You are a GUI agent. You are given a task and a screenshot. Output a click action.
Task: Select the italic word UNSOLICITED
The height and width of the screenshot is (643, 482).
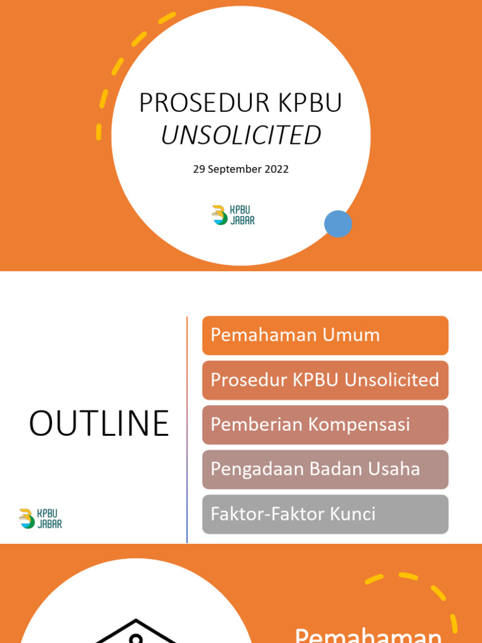click(241, 135)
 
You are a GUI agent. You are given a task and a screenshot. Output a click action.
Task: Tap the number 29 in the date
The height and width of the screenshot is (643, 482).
click(199, 169)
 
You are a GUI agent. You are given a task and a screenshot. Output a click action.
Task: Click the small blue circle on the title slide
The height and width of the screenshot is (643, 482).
click(338, 224)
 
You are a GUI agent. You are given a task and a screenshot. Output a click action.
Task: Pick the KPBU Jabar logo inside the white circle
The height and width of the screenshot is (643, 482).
click(233, 215)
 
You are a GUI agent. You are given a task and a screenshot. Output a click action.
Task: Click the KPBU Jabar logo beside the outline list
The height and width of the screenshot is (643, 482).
click(41, 519)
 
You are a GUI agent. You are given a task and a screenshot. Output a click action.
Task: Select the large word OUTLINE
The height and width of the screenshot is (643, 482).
click(99, 424)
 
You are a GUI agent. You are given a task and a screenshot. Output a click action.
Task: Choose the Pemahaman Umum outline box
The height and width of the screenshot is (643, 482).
click(325, 335)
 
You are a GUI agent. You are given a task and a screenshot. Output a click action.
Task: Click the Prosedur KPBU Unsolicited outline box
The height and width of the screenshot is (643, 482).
click(325, 380)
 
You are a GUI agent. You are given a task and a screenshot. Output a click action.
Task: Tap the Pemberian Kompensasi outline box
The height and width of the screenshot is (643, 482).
click(325, 424)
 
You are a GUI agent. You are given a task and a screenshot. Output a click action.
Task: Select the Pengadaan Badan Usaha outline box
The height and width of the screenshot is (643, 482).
click(325, 469)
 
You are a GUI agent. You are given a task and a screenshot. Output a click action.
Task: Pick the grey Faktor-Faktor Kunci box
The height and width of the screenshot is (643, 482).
click(325, 514)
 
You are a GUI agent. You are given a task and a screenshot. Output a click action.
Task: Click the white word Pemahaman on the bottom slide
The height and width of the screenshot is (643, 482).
click(368, 635)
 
